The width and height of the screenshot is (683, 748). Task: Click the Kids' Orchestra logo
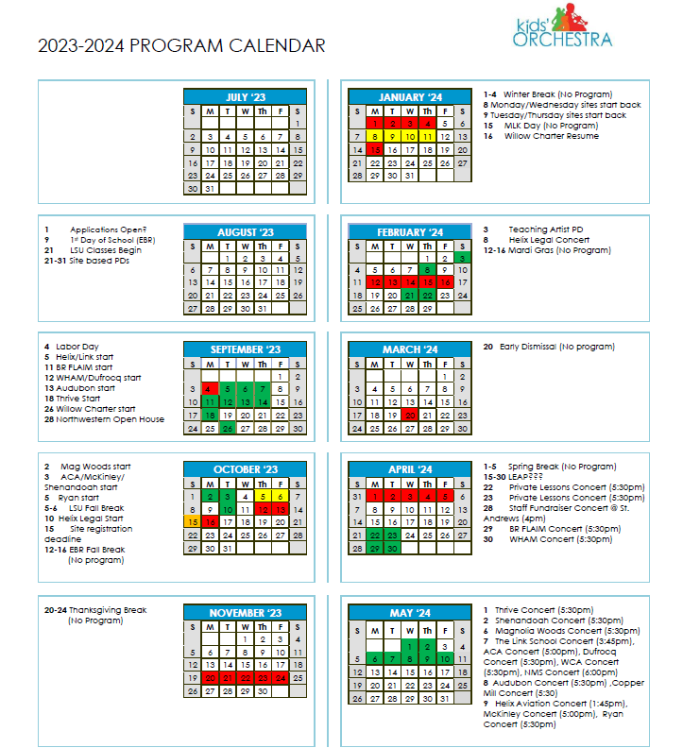tap(563, 29)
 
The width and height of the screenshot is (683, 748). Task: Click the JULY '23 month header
tap(245, 97)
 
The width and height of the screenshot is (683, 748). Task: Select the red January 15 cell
tap(375, 149)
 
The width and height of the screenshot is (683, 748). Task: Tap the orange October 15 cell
tap(193, 521)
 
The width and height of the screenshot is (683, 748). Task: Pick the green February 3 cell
tap(462, 257)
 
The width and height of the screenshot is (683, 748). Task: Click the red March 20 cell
tap(410, 415)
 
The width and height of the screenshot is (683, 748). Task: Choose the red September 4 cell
tap(210, 388)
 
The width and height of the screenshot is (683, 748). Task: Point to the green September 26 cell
tap(228, 428)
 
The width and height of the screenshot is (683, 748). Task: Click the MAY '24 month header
tap(409, 613)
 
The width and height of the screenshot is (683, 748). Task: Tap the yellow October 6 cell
tap(280, 496)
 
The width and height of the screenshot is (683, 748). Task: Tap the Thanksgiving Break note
tap(95, 610)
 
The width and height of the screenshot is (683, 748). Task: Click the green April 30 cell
tap(392, 548)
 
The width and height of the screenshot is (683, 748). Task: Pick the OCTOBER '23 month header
tap(245, 469)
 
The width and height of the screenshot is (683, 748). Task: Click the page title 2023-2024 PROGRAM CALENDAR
tap(181, 46)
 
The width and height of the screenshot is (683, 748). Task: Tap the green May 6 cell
tap(375, 659)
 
